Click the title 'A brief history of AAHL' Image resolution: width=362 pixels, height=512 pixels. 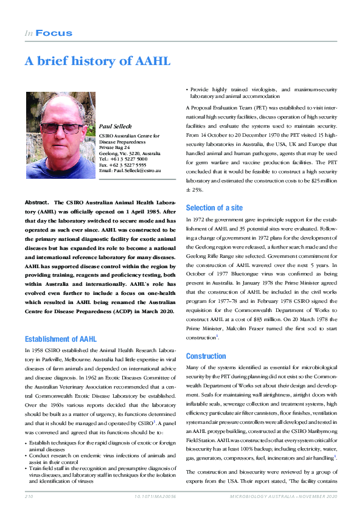tap(97, 61)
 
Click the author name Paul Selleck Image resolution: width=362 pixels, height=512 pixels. tap(115, 126)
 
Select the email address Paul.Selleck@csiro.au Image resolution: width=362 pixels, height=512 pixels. tap(130, 171)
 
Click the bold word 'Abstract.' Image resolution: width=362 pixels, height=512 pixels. tap(37, 202)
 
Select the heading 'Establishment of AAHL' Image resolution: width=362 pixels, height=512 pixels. tap(60, 339)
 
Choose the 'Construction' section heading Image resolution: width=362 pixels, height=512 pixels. tap(206, 356)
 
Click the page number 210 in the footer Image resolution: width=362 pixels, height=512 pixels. tap(29, 497)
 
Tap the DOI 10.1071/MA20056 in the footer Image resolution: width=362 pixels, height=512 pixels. tap(155, 497)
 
